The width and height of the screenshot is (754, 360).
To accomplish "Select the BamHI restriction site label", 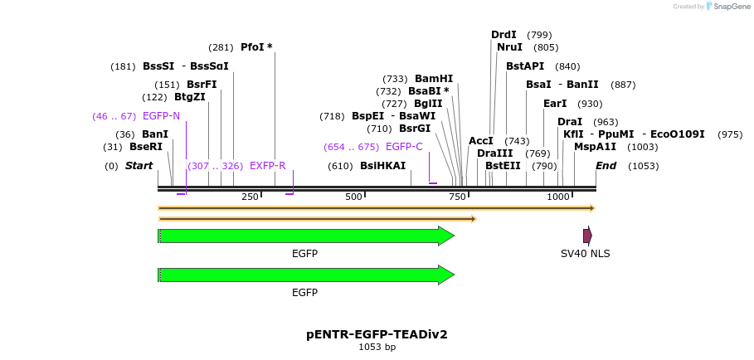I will [x=434, y=79].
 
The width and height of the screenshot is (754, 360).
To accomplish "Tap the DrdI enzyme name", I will [x=503, y=35].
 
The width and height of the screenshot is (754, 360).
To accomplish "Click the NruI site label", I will [x=509, y=47].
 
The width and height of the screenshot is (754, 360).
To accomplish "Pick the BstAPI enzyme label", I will [x=525, y=66].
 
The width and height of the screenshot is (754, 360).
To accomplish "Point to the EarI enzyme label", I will [x=555, y=104].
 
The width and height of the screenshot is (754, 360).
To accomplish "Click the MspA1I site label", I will [x=595, y=147].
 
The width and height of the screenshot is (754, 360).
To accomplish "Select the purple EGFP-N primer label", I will [x=161, y=116].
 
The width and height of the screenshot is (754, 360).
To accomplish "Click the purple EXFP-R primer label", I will [x=267, y=166].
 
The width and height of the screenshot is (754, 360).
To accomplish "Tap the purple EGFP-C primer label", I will [x=404, y=147].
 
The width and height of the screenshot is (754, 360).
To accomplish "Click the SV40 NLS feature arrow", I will [x=587, y=236].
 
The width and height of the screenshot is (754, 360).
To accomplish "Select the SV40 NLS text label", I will [x=585, y=254].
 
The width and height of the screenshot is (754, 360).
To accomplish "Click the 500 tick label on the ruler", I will [x=354, y=197].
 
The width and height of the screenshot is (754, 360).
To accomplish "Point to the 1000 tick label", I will [x=558, y=197].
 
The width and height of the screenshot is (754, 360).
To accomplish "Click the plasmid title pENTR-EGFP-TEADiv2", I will [x=377, y=334].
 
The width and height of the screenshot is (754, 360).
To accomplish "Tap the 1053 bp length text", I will [x=377, y=348].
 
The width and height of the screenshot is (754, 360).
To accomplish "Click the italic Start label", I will [x=139, y=166].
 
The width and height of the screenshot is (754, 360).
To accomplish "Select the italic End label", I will [x=606, y=166].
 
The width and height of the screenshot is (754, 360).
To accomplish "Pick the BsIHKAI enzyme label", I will [x=382, y=166].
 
